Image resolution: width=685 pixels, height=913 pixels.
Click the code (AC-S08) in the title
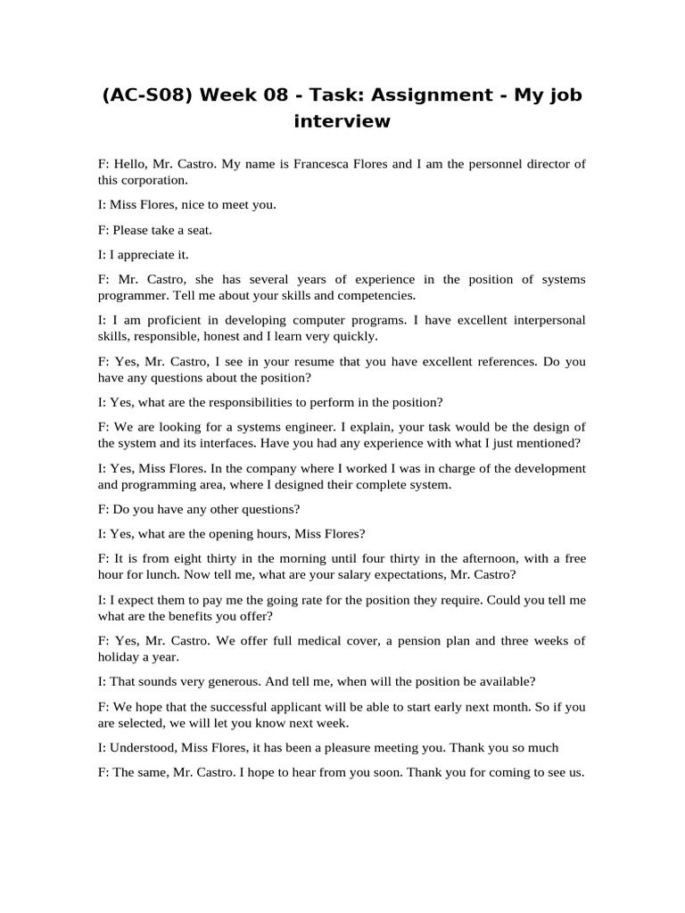pos(145,95)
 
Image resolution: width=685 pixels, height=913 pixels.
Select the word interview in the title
pos(342,121)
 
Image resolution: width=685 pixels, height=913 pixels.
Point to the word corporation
pos(153,179)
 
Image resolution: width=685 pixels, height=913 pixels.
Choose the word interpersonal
pos(545,320)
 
